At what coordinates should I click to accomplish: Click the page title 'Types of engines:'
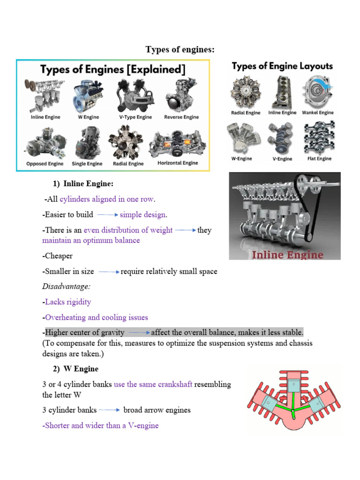(x=180, y=50)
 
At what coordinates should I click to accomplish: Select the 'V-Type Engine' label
(x=132, y=117)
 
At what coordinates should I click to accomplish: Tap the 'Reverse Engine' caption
(x=181, y=117)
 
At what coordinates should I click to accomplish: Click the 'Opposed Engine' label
(x=45, y=164)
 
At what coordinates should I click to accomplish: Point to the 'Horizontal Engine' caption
(x=178, y=163)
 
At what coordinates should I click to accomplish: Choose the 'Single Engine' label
(x=87, y=164)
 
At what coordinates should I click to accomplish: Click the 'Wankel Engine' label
(x=318, y=112)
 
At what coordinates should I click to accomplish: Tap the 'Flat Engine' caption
(x=319, y=158)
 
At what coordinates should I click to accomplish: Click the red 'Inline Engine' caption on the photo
(x=288, y=255)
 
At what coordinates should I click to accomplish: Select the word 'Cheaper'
(x=58, y=256)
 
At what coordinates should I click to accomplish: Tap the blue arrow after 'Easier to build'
(x=107, y=215)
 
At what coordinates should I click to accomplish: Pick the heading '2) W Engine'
(x=75, y=369)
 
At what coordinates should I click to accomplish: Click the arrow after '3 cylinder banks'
(x=110, y=410)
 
